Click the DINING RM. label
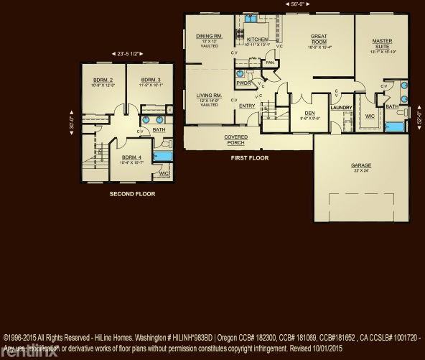(209, 36)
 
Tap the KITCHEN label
(257, 40)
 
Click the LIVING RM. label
(209, 96)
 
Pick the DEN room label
(310, 114)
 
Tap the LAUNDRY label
(341, 108)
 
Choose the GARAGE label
(361, 165)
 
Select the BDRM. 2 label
(103, 80)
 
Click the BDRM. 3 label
(150, 80)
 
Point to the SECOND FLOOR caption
(131, 193)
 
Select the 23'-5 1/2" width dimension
(125, 55)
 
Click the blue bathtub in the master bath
(394, 128)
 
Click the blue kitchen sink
(259, 27)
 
